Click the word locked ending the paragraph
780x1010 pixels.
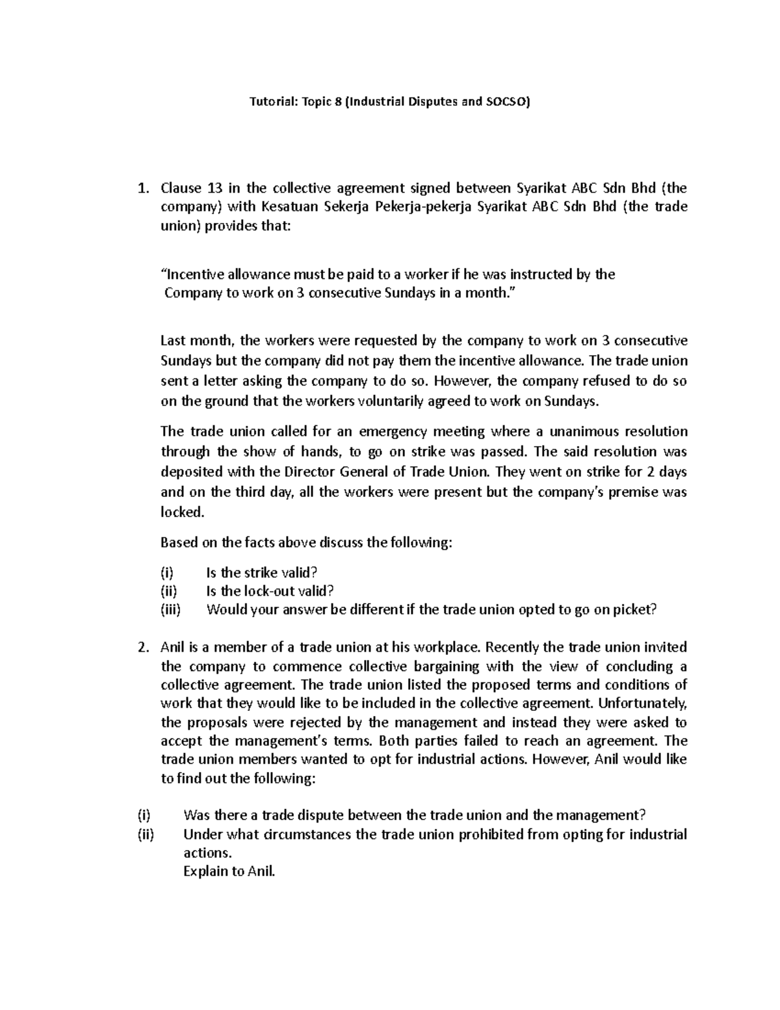[x=181, y=512]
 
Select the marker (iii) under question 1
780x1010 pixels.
[x=171, y=609]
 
